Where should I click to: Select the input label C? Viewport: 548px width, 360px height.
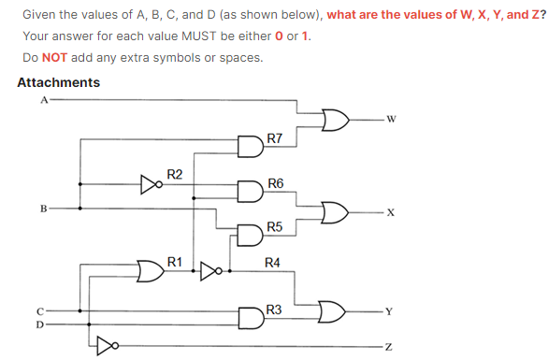[x=40, y=310]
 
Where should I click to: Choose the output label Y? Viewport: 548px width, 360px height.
[x=393, y=310]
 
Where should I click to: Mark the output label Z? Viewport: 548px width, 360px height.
[x=392, y=347]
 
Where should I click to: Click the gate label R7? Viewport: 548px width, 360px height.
[x=275, y=138]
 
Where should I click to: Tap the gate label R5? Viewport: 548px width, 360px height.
[x=275, y=227]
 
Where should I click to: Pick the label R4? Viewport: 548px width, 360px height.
[x=273, y=262]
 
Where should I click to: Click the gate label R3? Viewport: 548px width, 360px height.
[x=274, y=310]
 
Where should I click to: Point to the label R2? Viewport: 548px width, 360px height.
[x=175, y=174]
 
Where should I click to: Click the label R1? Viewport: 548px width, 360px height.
[x=175, y=261]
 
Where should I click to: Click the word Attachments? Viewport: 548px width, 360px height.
[x=59, y=82]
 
